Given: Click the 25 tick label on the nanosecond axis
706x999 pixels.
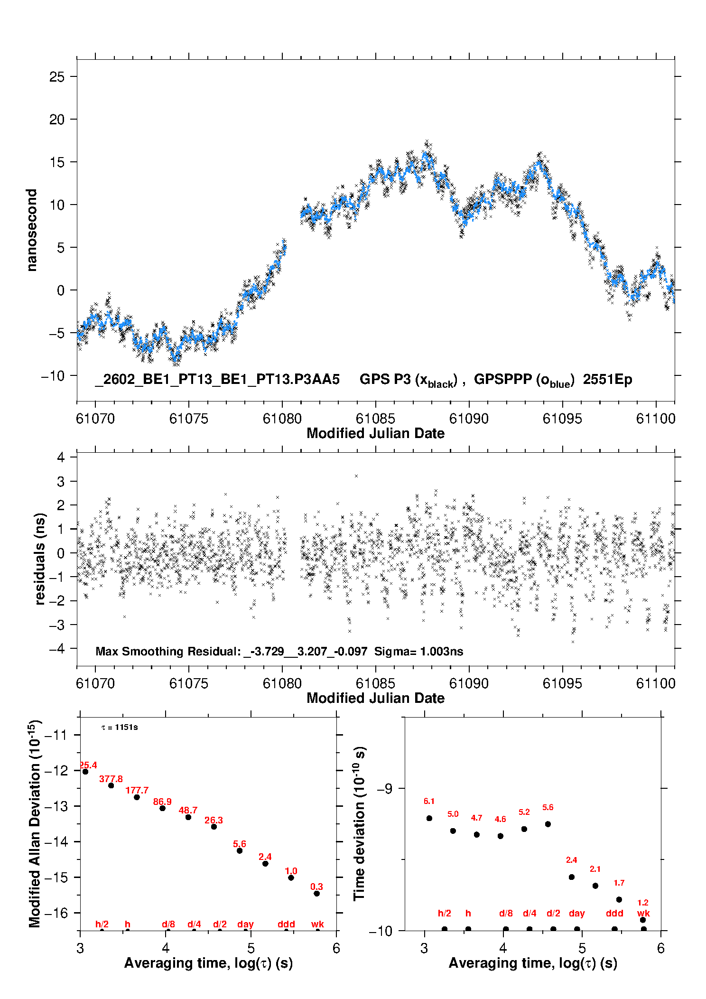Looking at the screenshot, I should click(x=56, y=77).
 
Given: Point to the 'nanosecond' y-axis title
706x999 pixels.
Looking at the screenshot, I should click(x=32, y=230).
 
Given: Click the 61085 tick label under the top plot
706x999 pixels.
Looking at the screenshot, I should click(x=375, y=419).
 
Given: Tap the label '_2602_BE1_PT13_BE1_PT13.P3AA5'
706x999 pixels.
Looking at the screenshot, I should click(x=217, y=380).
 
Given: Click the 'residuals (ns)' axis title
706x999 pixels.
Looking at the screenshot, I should click(x=40, y=559).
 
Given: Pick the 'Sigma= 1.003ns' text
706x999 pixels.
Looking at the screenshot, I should click(x=418, y=652).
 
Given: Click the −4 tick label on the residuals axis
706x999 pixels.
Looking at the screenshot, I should click(x=56, y=649).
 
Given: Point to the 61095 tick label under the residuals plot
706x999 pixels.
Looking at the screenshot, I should click(x=562, y=683).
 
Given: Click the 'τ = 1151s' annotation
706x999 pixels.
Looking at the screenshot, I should click(x=120, y=728).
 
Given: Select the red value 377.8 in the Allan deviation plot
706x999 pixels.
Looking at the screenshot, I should click(x=111, y=779).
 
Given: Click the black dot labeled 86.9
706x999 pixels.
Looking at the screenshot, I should click(x=162, y=808).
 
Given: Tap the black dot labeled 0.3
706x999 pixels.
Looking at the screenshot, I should click(x=316, y=894).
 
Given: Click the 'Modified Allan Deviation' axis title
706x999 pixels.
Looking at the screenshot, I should click(x=35, y=823).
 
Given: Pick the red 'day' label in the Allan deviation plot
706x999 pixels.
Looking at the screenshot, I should click(x=245, y=924).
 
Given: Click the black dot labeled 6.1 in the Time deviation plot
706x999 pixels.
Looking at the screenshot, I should click(x=429, y=818).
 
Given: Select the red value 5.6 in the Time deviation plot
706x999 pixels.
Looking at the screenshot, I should click(x=548, y=807).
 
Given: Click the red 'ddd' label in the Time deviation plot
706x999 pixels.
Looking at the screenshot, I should click(x=614, y=913).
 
